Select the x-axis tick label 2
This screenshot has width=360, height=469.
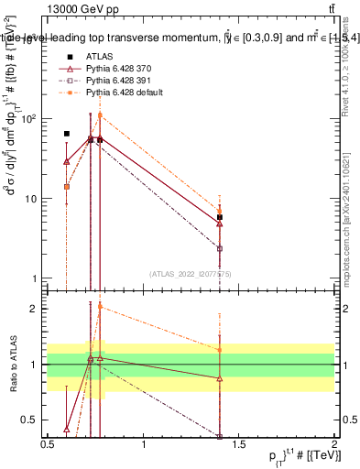(335, 445)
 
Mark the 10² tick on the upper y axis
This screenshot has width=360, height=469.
(32, 118)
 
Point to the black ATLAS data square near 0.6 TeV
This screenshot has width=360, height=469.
(66, 134)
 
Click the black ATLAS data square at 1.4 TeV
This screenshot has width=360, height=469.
(220, 217)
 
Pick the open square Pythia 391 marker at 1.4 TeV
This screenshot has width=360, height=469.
(220, 248)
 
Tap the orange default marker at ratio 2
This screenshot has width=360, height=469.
(100, 307)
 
